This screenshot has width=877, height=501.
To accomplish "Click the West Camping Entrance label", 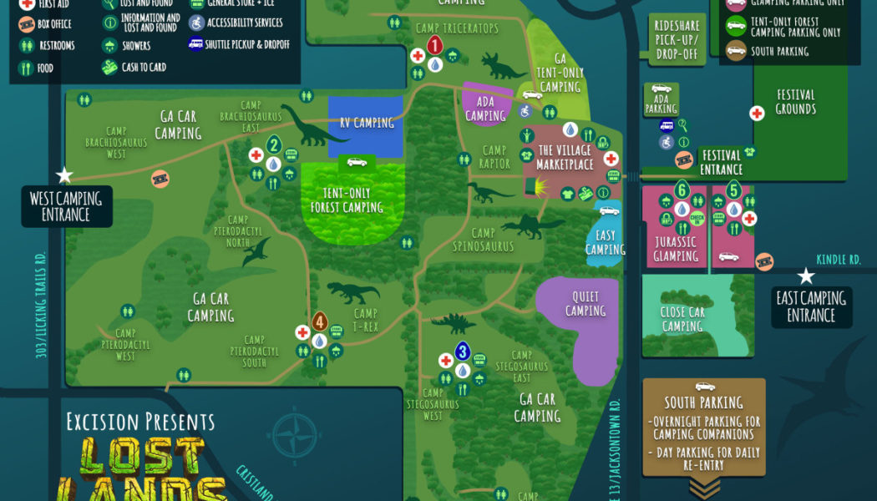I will point(66,206).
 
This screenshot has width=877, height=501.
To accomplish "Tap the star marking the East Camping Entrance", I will point(806,276).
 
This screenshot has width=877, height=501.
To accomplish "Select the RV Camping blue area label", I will point(366,123).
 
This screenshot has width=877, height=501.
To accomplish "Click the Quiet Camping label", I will point(585,304).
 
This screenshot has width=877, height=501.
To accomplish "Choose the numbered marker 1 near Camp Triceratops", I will point(434,46).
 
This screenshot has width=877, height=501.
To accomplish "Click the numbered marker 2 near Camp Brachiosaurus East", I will point(273,145).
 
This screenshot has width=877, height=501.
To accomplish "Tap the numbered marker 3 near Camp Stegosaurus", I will point(462,351).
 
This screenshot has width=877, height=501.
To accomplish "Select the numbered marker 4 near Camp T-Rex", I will point(319,321).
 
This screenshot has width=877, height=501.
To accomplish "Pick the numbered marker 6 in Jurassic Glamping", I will point(682,190).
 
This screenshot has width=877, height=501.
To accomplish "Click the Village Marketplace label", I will point(565,157).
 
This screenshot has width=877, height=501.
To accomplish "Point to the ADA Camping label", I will point(485,109).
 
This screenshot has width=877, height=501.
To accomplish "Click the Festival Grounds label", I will point(795,102).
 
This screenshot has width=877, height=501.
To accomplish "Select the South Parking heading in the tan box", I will point(704,402).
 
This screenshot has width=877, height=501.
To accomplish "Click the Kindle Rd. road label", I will point(838,260).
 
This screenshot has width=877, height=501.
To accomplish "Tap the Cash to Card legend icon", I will point(109,68).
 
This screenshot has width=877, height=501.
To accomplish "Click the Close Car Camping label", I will point(682,319).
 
